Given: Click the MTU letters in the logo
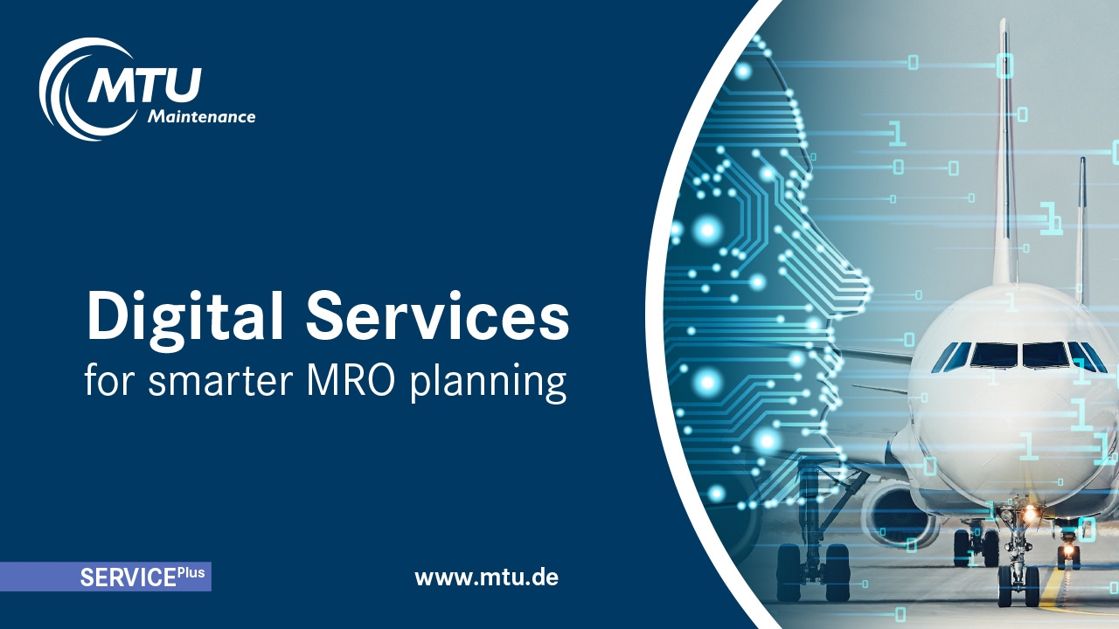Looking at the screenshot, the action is click(145, 85).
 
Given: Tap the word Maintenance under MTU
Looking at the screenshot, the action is click(201, 117).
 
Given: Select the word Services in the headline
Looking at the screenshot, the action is click(438, 315).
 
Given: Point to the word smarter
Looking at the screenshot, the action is click(219, 382).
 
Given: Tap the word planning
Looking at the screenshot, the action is click(489, 384).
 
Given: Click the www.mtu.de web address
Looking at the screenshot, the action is click(487, 577).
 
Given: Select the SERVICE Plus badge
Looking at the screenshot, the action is click(106, 577).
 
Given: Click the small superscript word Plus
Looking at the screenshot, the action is click(191, 572).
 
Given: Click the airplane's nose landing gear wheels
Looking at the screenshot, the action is click(1018, 585).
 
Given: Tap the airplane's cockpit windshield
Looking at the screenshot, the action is click(1019, 356).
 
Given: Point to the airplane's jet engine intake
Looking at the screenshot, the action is click(900, 515).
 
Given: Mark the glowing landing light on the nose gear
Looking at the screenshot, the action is click(1030, 511).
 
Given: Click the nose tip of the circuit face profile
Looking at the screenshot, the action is click(869, 288).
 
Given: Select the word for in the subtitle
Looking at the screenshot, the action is click(110, 380).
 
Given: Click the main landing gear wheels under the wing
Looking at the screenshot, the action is click(813, 572).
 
